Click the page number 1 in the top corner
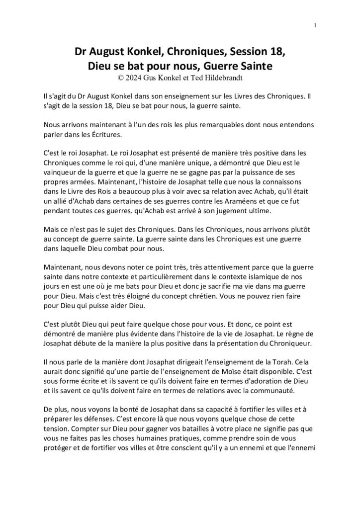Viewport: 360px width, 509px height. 316,26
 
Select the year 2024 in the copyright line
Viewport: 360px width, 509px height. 133,78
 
